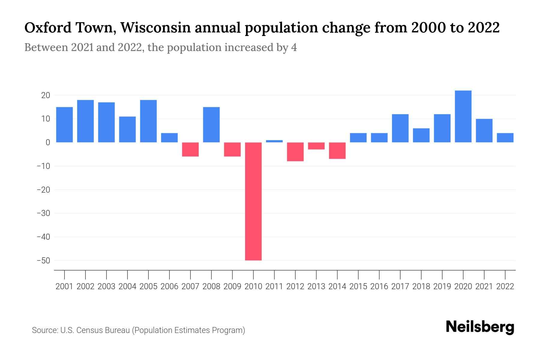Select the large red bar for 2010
[253, 201]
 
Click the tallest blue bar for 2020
[463, 116]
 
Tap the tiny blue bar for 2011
[274, 141]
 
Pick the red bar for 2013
[316, 146]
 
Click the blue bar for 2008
[211, 124]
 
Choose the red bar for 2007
[190, 149]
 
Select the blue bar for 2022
[505, 138]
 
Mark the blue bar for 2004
[127, 129]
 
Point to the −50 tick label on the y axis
[43, 260]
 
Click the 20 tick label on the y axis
[46, 95]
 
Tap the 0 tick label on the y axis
[48, 142]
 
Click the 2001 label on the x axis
[64, 286]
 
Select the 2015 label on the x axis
[358, 286]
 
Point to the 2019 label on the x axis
[442, 286]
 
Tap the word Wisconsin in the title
[156, 28]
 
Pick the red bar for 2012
[295, 152]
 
